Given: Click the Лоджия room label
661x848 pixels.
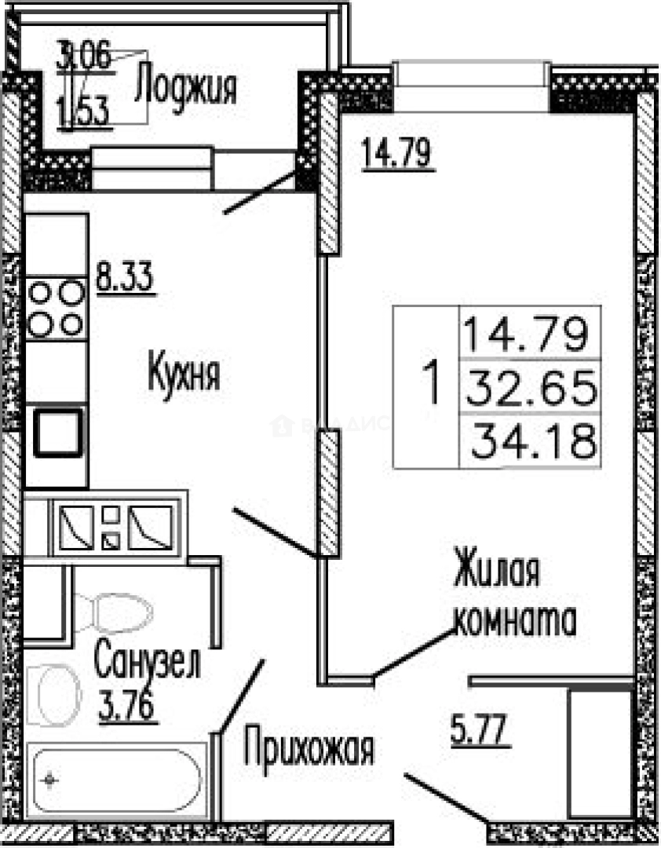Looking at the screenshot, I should coord(185,86).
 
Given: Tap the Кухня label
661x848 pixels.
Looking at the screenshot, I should coord(184,375).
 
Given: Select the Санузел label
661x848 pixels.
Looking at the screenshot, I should coord(147,662).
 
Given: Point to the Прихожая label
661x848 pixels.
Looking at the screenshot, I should coord(308,749).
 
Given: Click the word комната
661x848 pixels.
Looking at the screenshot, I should coord(517,621).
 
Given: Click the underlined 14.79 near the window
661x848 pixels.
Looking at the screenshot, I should coord(396,152).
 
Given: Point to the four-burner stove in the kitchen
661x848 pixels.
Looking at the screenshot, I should coord(56,308).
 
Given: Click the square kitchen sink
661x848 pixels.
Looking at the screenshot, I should coord(56,431).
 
